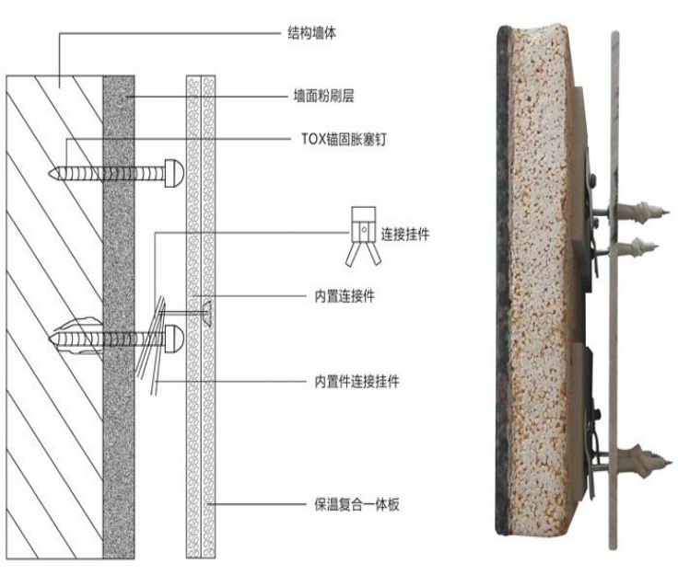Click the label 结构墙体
pos(311,33)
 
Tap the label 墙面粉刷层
pos(324,96)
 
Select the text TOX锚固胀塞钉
pos(344,139)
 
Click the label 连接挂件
pos(405,234)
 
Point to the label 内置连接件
pos(345,296)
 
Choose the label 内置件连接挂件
pos(357,381)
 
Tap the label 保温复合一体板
pos(357,504)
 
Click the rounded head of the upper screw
pos(174,173)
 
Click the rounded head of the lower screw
pos(174,339)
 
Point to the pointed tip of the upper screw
pos(50,173)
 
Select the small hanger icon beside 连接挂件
pos(363,236)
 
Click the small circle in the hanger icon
pos(364,229)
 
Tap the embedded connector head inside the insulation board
pos(207,313)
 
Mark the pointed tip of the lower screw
pos(50,339)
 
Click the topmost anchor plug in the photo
pos(639,212)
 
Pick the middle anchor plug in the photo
pos(636,247)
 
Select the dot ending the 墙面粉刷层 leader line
pos(127,97)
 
